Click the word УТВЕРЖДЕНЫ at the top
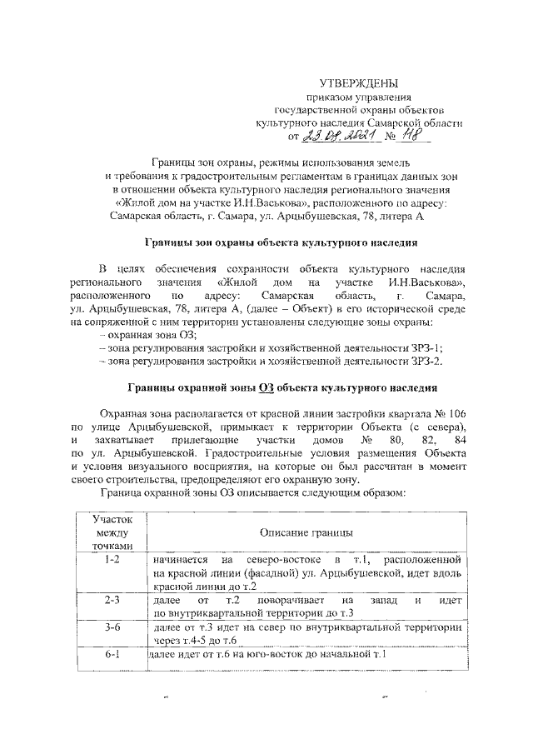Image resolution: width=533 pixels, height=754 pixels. (x=359, y=82)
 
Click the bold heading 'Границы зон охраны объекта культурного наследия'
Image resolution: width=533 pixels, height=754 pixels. (x=276, y=242)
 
